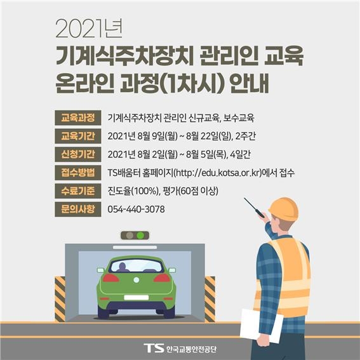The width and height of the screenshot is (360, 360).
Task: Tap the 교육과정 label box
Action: point(77,117)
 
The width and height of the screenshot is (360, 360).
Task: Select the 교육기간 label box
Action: point(77,135)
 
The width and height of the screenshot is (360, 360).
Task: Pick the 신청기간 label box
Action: point(77,154)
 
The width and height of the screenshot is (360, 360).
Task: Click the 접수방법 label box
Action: point(77,172)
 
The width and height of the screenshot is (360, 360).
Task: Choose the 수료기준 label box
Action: point(77,190)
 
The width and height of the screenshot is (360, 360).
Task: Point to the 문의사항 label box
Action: point(77,208)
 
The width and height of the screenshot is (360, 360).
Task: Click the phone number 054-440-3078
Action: point(137,209)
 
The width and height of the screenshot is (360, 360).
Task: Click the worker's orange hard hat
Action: point(283,209)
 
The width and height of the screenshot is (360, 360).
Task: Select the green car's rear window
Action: point(136,265)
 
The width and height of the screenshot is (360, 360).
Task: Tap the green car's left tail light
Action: point(111,278)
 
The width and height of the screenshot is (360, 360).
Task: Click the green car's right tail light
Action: point(162,278)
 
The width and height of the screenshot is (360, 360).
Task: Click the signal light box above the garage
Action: point(135,236)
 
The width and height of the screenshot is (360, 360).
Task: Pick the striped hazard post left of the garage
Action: point(60,298)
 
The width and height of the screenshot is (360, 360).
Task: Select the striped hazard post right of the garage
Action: point(210,298)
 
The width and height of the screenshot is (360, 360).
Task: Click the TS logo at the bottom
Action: point(153,347)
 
